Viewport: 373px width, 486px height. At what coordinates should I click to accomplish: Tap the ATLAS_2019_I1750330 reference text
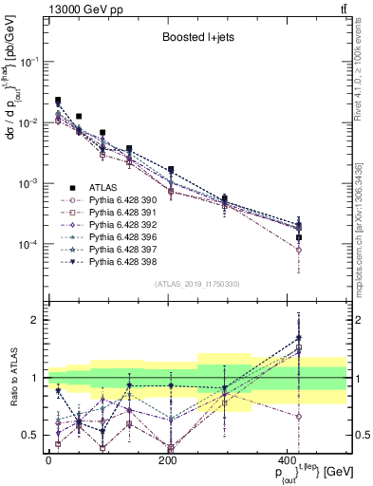pos(196,284)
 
